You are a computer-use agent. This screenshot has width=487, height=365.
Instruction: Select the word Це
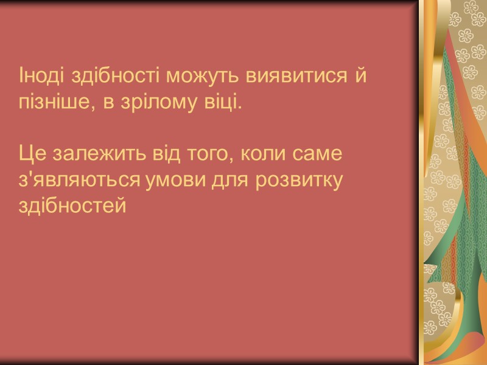pyautogui.click(x=32, y=155)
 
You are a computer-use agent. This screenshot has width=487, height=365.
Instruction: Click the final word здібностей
pyautogui.click(x=72, y=206)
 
